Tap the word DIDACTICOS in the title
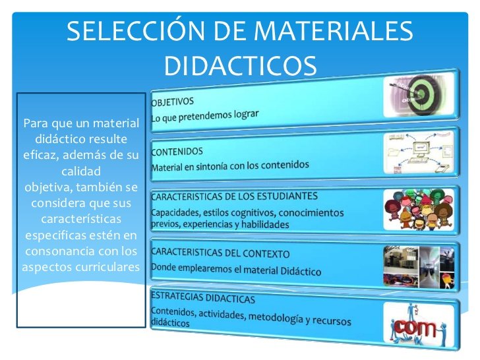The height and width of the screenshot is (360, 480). pyautogui.click(x=240, y=66)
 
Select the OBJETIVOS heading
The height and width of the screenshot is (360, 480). pyautogui.click(x=173, y=102)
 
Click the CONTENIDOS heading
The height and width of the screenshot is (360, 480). pyautogui.click(x=177, y=152)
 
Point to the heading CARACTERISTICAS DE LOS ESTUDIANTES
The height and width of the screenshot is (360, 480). pyautogui.click(x=235, y=196)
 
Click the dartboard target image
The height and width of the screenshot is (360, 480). pyautogui.click(x=419, y=96)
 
